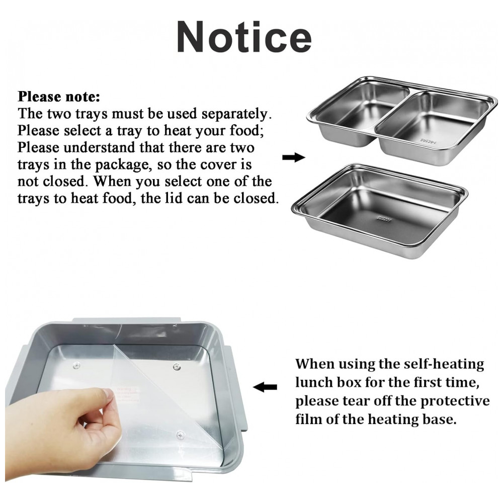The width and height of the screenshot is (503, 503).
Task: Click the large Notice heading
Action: [244, 37]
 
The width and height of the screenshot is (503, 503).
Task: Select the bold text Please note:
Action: [59, 97]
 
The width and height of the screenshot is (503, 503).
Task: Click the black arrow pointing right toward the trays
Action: [294, 157]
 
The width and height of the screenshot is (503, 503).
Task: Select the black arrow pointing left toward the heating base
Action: [265, 387]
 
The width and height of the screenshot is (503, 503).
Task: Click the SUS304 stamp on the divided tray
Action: [428, 141]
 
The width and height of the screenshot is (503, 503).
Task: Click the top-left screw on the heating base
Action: [76, 365]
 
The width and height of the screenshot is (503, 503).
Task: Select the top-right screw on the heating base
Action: [176, 366]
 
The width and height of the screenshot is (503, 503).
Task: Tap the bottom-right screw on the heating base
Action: [181, 435]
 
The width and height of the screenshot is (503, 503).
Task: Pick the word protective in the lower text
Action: [455, 401]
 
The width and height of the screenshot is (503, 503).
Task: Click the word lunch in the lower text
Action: [313, 382]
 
